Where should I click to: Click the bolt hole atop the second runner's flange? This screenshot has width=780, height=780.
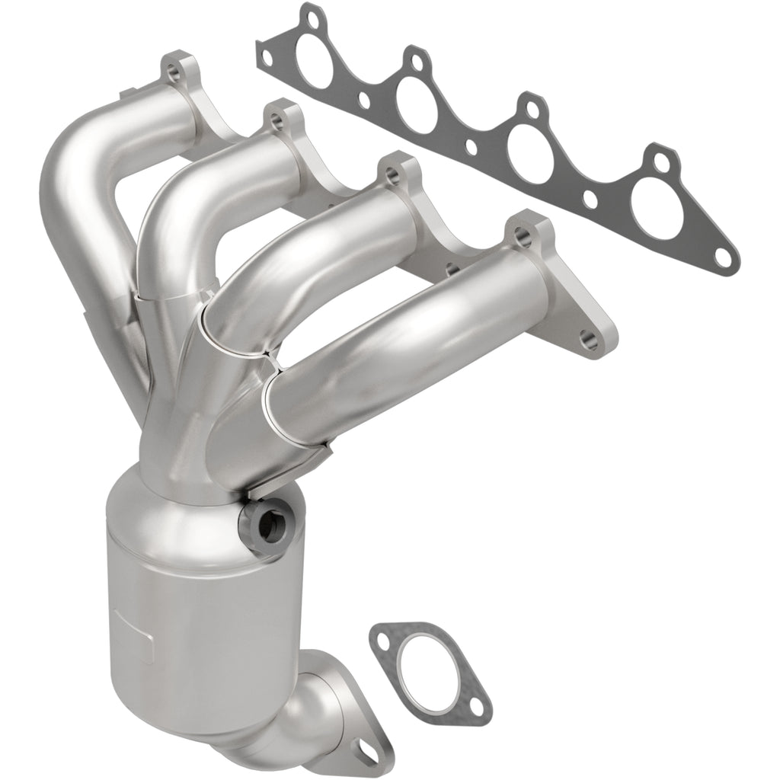point(277,119)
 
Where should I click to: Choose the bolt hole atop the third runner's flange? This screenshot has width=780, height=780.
point(392,176)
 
